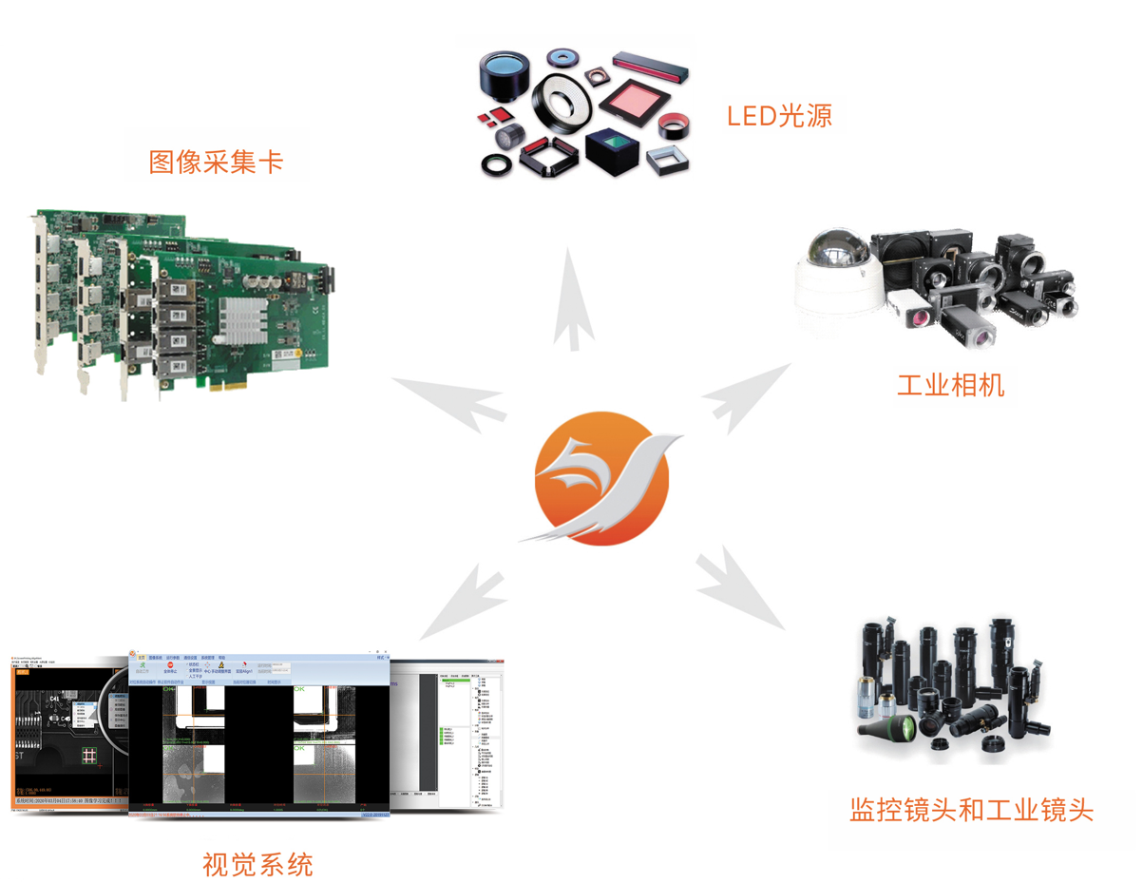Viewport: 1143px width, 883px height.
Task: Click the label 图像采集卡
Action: click(x=216, y=162)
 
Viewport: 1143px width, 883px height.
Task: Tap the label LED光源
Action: click(x=779, y=116)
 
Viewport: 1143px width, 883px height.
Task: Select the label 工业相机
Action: click(x=950, y=385)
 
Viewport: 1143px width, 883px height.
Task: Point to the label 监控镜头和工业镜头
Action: click(x=971, y=810)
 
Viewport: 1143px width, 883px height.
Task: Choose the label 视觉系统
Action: click(x=257, y=865)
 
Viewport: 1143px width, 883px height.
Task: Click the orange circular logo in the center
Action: click(x=602, y=478)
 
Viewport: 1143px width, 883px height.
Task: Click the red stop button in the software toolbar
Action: click(x=170, y=665)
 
